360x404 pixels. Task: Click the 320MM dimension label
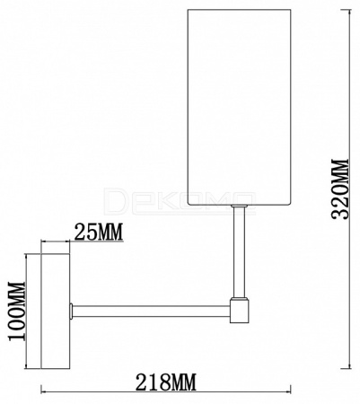pos(341,189)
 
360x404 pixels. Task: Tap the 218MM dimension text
pos(166,382)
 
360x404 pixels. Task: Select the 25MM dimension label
pos(99,233)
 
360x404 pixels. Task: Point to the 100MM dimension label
pos(17,311)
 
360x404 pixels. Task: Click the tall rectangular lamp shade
pos(240,107)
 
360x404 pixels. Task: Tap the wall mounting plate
pos(55,312)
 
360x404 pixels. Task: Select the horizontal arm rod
pos(152,312)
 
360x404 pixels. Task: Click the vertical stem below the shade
pos(240,252)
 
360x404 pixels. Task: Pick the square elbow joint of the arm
pos(240,312)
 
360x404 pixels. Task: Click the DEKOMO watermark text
pos(180,201)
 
